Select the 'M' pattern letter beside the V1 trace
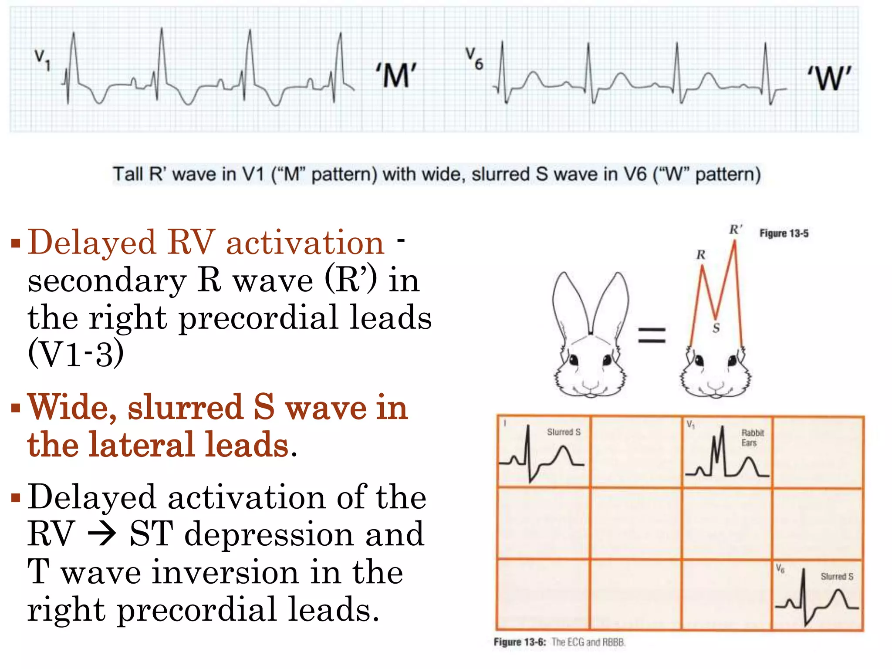tap(396, 75)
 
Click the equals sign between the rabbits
tap(652, 335)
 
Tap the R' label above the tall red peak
tap(736, 230)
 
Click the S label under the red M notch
tap(716, 328)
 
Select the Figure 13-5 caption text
tap(784, 233)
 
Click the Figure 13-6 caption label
tap(520, 642)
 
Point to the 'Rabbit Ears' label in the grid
tap(752, 438)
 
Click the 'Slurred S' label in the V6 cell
tap(837, 576)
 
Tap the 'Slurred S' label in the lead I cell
tap(564, 432)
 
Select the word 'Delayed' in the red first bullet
tap(92, 242)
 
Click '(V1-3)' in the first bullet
tap(75, 353)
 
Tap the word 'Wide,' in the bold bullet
tap(72, 407)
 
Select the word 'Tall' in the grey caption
tap(128, 174)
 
